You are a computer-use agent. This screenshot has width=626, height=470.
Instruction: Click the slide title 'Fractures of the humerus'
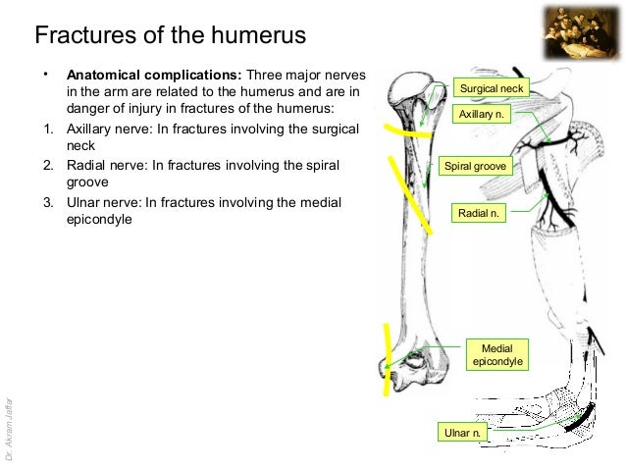pos(171,36)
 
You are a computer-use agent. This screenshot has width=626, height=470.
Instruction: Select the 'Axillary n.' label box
pos(482,116)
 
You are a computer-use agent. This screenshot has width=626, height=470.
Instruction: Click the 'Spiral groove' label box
pos(476,167)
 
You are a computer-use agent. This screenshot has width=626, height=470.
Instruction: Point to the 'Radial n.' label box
pos(479,211)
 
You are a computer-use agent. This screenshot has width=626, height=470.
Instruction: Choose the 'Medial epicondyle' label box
pos(497,355)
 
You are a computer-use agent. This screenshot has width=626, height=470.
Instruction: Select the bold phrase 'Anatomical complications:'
pos(153,75)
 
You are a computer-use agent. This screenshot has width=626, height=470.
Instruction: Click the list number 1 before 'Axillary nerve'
pos(46,129)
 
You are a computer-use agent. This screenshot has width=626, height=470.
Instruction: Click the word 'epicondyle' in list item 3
pos(98,219)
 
